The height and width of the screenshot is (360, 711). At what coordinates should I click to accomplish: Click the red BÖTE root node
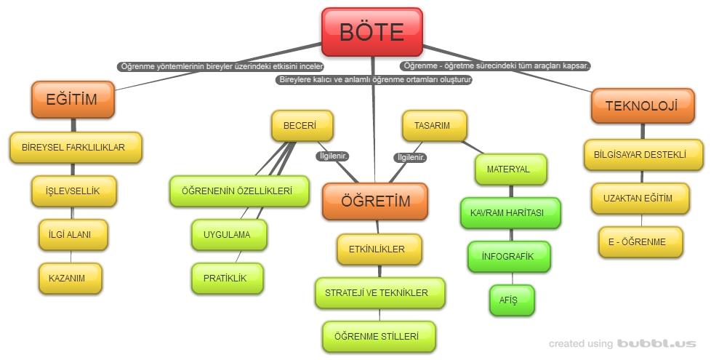pyautogui.click(x=371, y=32)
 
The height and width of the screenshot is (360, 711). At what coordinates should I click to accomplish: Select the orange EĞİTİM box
pyautogui.click(x=72, y=100)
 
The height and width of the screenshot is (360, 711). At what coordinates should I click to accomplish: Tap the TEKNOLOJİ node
pyautogui.click(x=640, y=105)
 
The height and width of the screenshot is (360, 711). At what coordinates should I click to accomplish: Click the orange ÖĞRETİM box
pyautogui.click(x=375, y=201)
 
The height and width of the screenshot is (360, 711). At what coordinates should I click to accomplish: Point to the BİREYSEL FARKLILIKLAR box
pyautogui.click(x=74, y=148)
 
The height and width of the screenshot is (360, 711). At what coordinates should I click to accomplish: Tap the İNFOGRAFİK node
pyautogui.click(x=508, y=257)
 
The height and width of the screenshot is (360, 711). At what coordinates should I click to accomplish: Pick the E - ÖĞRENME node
pyautogui.click(x=640, y=241)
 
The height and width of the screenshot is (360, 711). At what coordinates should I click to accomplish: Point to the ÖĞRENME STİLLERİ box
pyautogui.click(x=378, y=337)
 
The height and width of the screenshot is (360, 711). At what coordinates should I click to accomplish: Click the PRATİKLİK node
pyautogui.click(x=228, y=279)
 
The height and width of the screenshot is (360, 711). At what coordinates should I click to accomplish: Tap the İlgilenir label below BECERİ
pyautogui.click(x=334, y=156)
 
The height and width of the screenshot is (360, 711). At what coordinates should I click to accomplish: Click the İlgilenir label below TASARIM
pyautogui.click(x=411, y=157)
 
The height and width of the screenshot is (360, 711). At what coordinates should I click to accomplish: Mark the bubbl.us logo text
pyautogui.click(x=656, y=343)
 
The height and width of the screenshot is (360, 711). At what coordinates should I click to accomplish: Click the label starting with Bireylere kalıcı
pyautogui.click(x=374, y=80)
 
